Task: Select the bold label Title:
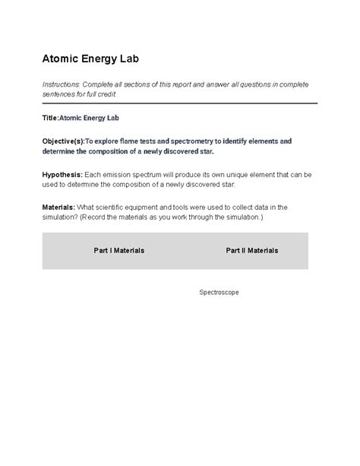coord(50,119)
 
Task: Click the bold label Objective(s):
coord(63,141)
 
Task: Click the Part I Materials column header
coord(118,250)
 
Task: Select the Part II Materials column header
coord(251,250)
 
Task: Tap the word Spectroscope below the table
coord(219,292)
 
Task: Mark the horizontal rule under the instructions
coord(179,103)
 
